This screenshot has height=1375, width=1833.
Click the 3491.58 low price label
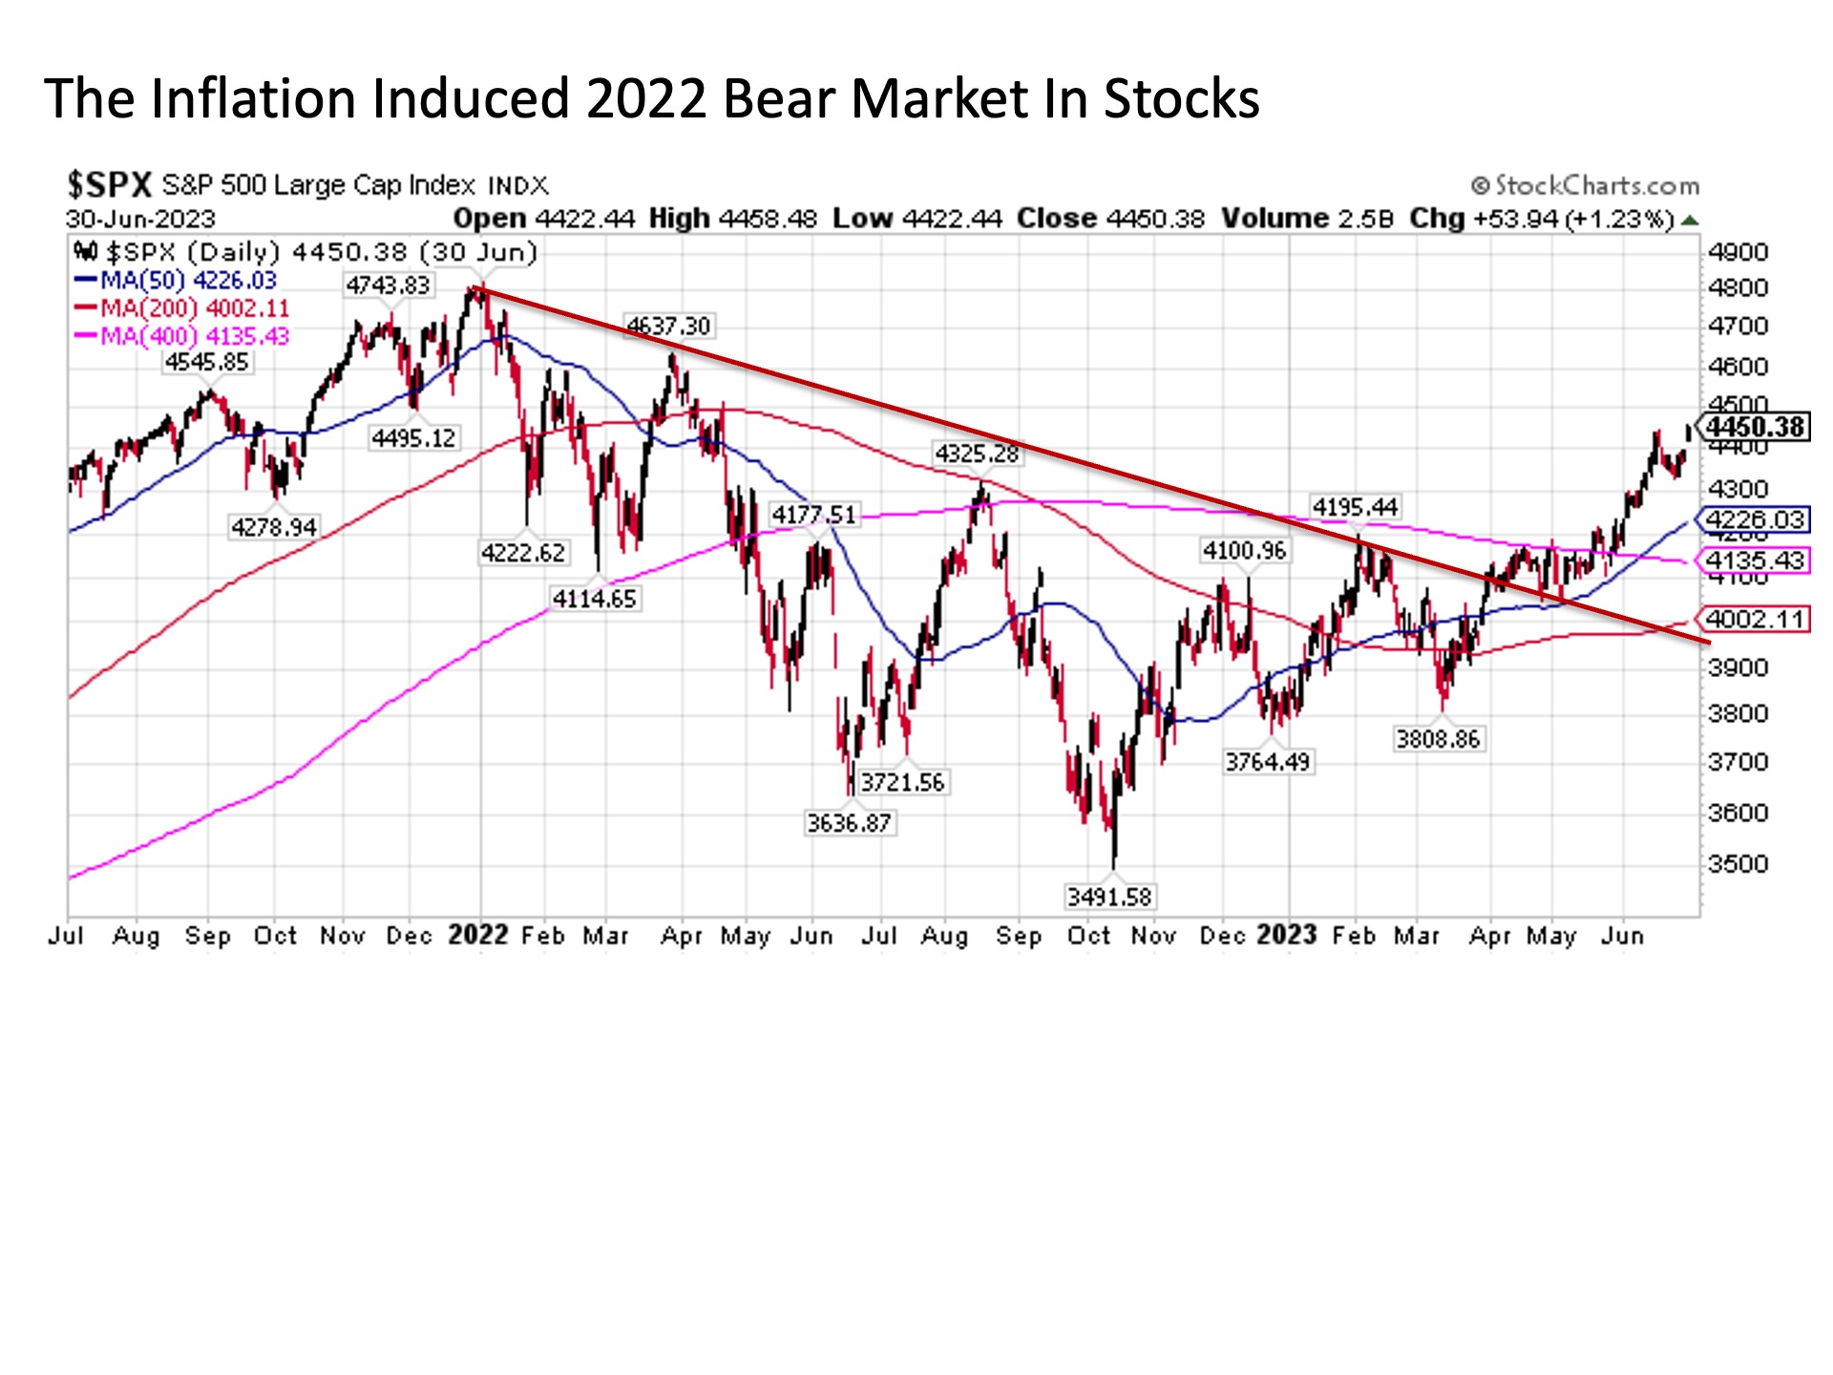point(1109,897)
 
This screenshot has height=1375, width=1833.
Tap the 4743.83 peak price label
point(388,285)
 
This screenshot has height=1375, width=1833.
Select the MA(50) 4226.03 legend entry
point(178,281)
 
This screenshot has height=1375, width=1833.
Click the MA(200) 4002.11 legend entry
point(183,308)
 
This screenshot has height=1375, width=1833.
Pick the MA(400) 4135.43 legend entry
point(183,336)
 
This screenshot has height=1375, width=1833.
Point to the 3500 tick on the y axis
point(1738,863)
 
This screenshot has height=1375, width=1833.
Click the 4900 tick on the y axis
point(1738,252)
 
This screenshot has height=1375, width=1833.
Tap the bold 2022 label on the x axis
point(478,935)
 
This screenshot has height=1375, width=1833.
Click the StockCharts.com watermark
point(1586,185)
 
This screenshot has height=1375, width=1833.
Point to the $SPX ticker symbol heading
point(109,184)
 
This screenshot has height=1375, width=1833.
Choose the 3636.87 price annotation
point(849,822)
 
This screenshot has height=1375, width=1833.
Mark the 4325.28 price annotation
point(977,453)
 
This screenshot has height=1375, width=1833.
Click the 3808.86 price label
point(1437,738)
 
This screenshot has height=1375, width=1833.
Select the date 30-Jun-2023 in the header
point(140,219)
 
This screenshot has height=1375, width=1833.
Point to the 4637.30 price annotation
point(668,326)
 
